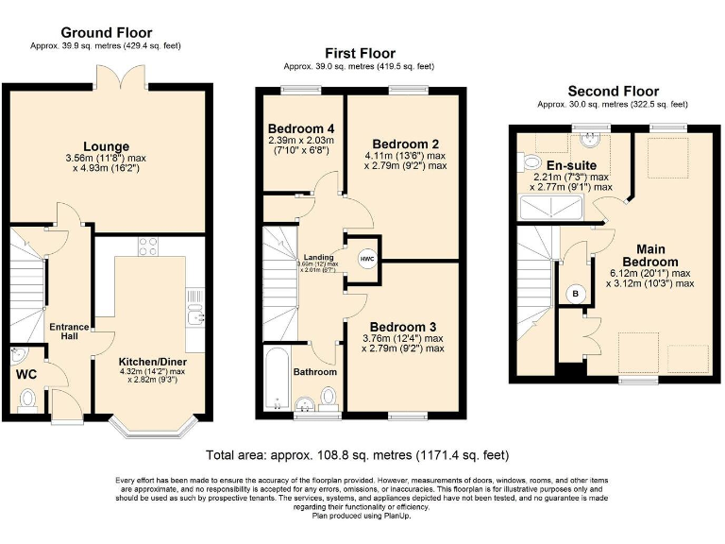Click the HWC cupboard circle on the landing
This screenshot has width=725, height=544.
tap(366, 258)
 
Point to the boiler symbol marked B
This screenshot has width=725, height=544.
tap(574, 295)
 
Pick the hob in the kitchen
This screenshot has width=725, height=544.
tap(148, 246)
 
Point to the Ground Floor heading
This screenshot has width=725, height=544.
tap(105, 32)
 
